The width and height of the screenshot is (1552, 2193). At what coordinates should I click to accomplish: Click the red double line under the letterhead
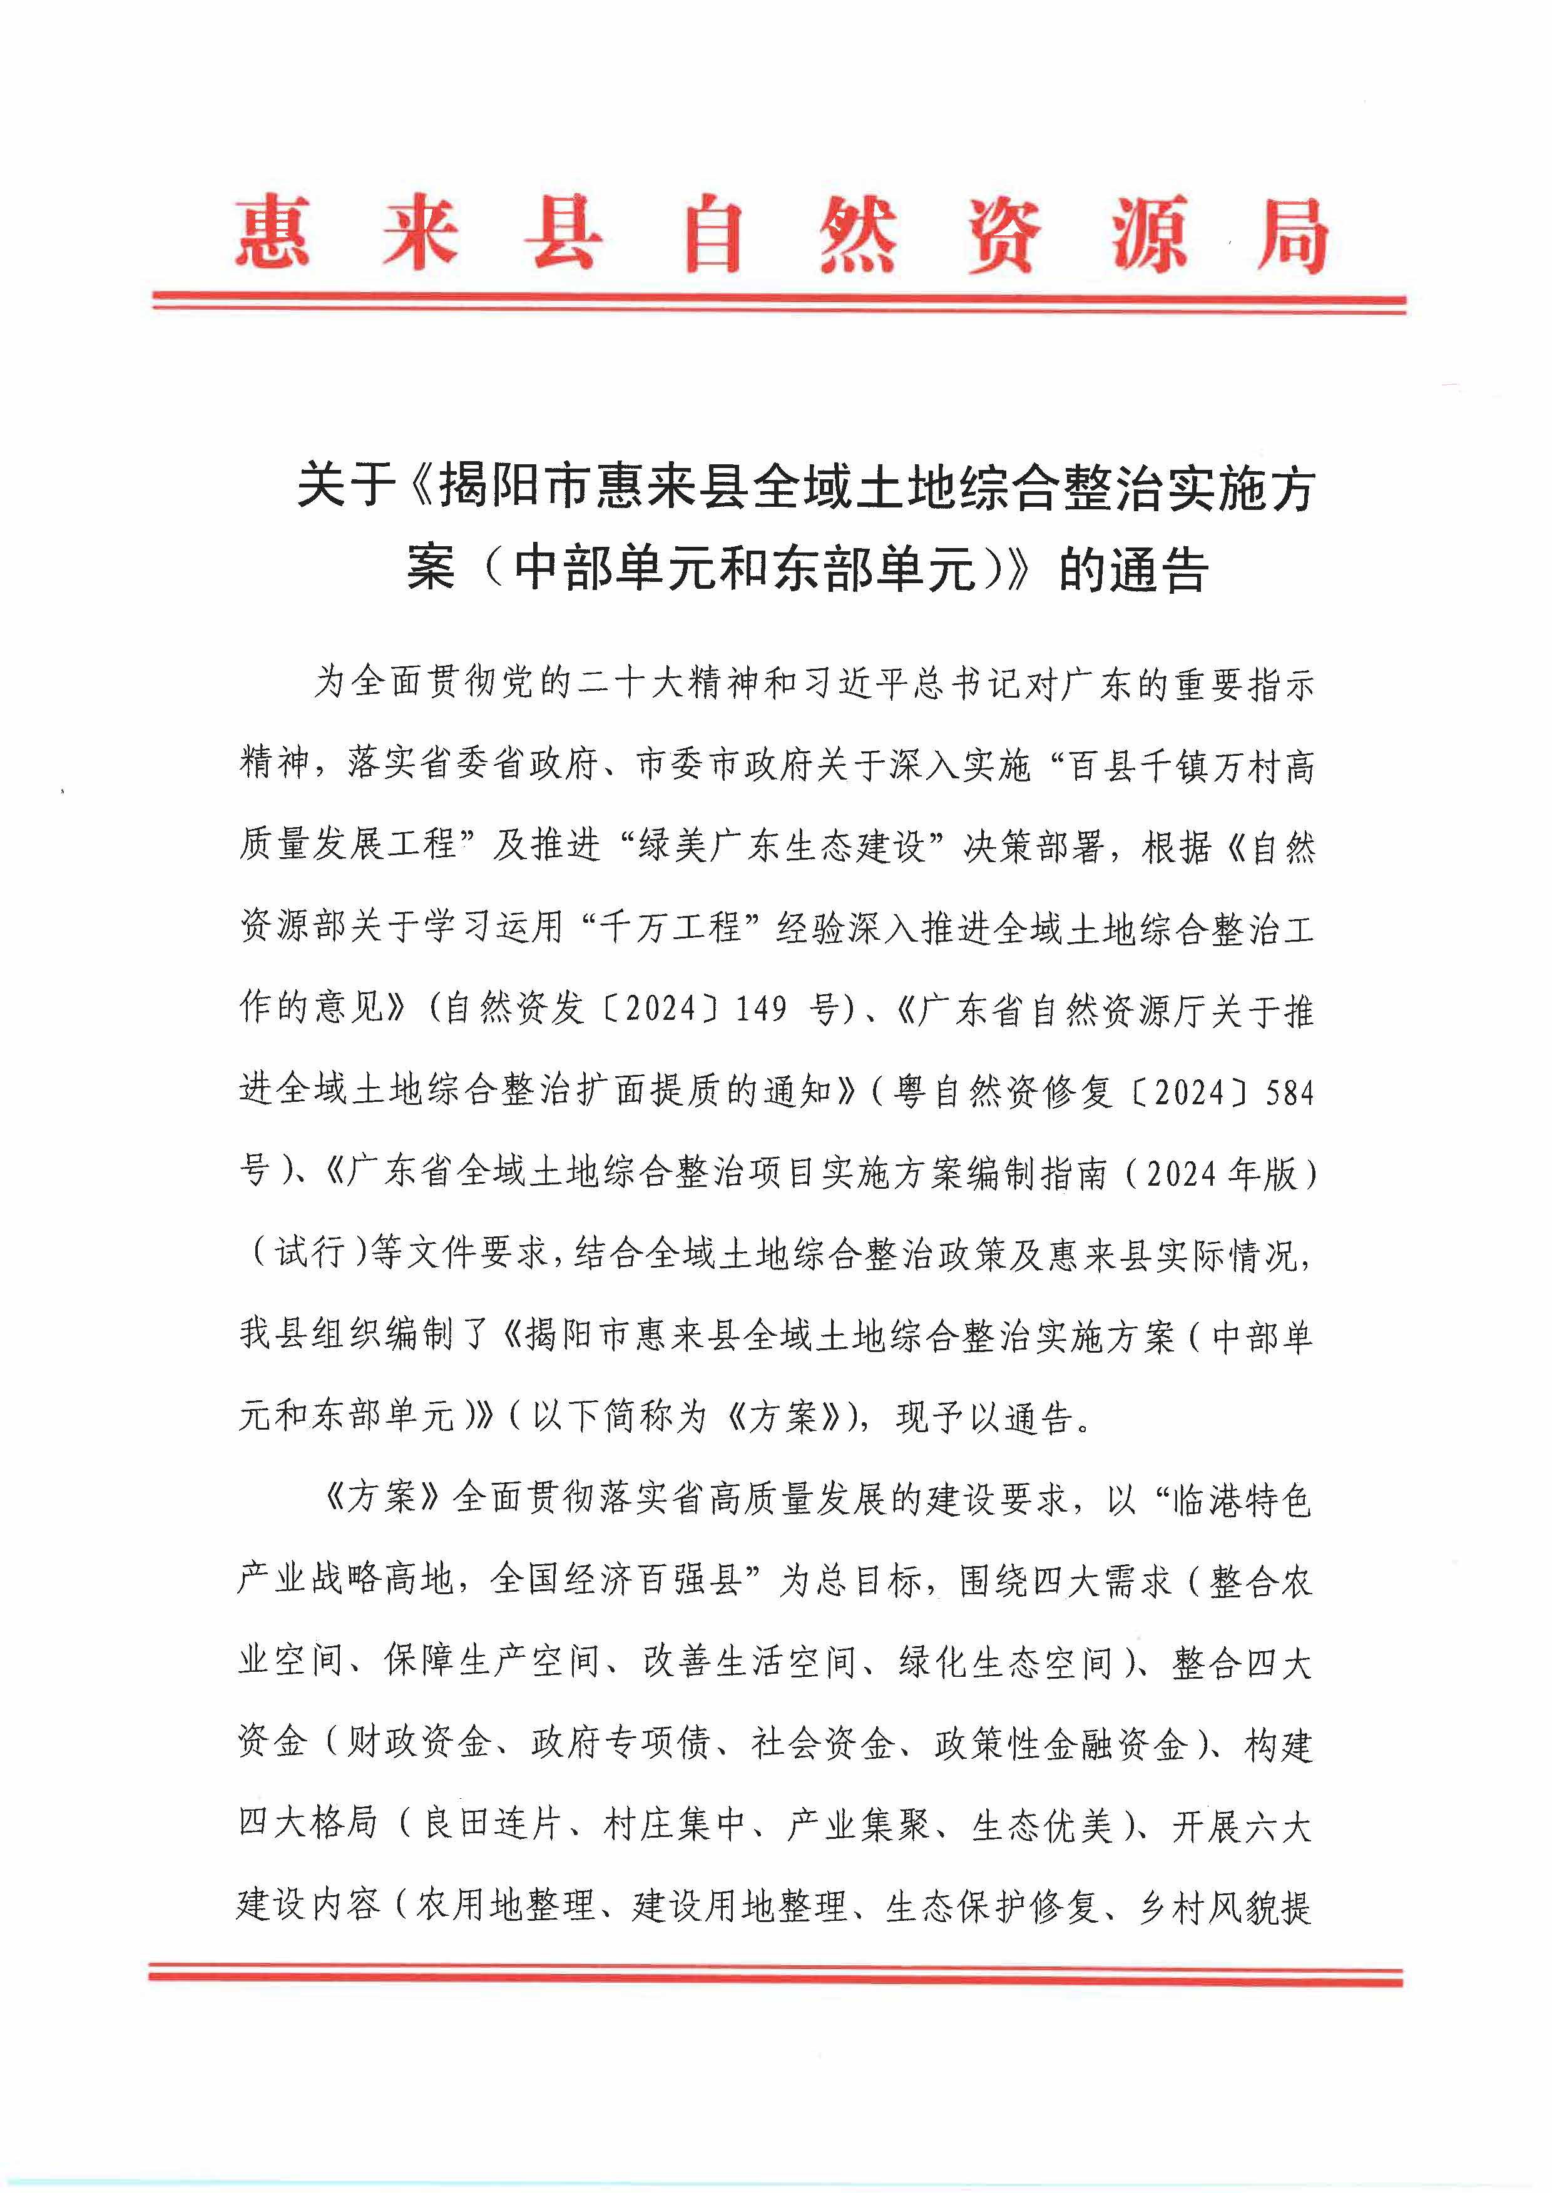coord(779,303)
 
